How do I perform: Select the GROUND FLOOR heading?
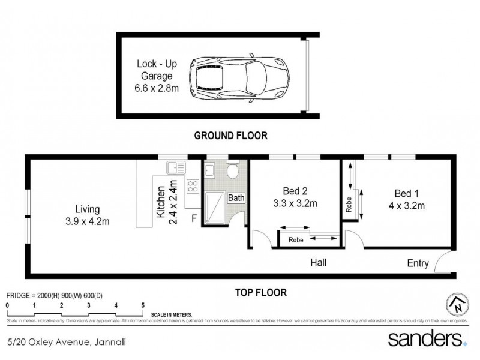230,136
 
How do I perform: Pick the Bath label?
235,198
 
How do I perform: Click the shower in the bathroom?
214,207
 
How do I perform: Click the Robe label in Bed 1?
349,204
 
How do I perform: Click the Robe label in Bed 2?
295,239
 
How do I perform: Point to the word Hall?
319,263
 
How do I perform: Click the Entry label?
418,263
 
